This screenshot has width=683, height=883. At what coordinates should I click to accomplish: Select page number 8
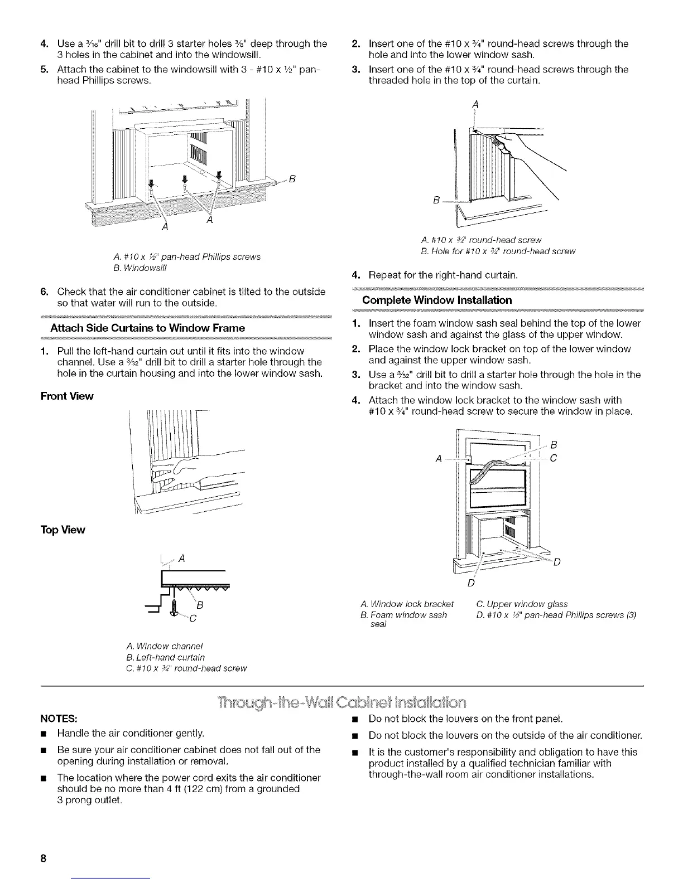(42, 858)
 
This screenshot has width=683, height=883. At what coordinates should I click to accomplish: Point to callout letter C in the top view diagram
(193, 618)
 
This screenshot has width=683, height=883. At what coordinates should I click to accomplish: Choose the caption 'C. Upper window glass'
(522, 604)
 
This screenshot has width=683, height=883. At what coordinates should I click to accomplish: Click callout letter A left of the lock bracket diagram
(439, 458)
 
